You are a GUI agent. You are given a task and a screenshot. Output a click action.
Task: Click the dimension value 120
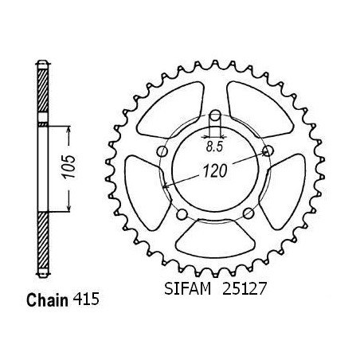pyautogui.click(x=215, y=170)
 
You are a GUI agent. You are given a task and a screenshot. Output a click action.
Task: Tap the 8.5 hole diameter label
pyautogui.click(x=214, y=147)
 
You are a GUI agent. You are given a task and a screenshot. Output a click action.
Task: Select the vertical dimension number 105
pyautogui.click(x=68, y=166)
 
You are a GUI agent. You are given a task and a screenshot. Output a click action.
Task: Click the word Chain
pyautogui.click(x=47, y=300)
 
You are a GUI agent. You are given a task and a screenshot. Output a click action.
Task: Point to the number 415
pyautogui.click(x=86, y=299)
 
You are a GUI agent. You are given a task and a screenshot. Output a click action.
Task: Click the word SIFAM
pyautogui.click(x=187, y=289)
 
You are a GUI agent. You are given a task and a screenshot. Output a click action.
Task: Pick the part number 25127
pyautogui.click(x=244, y=289)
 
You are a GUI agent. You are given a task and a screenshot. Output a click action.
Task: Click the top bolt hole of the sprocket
pyautogui.click(x=215, y=115)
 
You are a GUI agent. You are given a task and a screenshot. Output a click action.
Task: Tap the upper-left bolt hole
pyautogui.click(x=162, y=151)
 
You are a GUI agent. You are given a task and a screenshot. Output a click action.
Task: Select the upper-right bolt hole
pyautogui.click(x=268, y=151)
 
